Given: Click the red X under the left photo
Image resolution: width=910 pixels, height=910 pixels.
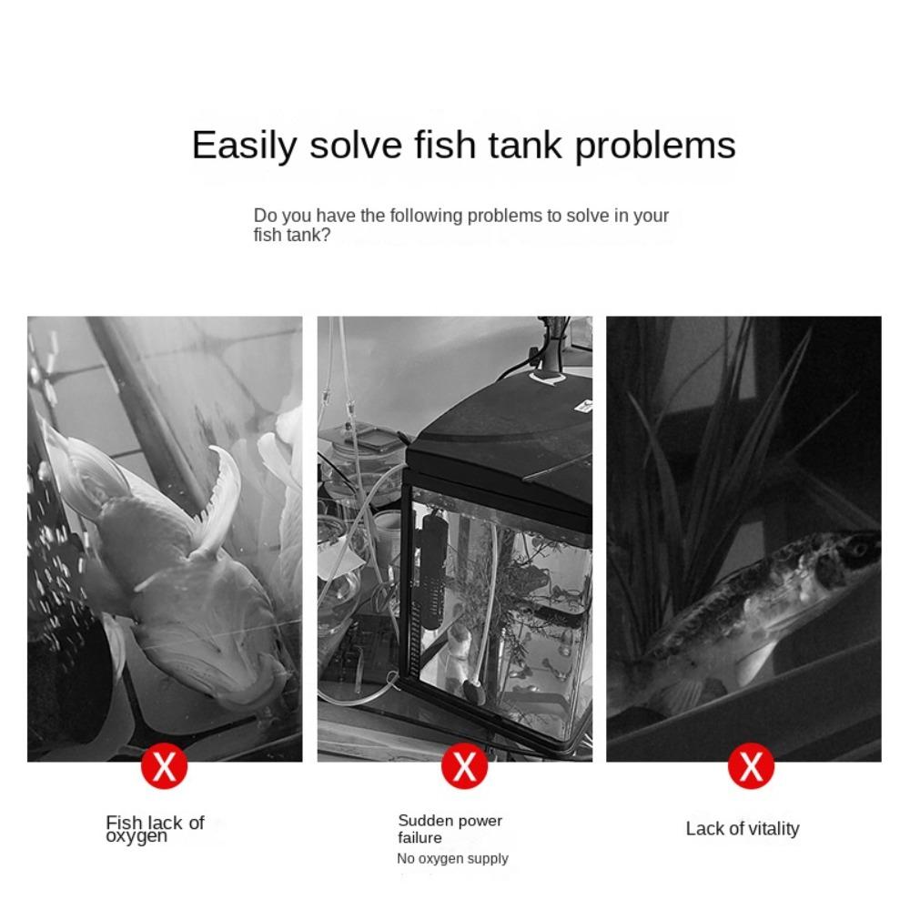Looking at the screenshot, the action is coord(164,766).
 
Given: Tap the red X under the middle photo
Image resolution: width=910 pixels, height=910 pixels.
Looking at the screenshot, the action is coord(464,766).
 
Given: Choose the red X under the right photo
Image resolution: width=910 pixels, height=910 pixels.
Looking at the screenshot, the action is coord(751,766).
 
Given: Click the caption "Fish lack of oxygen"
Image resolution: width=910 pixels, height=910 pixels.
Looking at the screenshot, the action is coord(155,829).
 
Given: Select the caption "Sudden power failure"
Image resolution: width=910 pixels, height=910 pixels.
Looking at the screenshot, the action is coord(450,829).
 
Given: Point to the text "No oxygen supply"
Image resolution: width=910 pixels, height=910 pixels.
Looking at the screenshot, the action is coord(452,858).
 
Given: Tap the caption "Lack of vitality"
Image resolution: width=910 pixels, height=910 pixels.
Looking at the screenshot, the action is coord(743,829).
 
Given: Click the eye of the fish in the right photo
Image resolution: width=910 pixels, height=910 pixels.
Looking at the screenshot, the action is coord(858,548).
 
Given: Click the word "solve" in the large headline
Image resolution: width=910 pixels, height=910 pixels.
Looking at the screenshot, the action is coord(356,145).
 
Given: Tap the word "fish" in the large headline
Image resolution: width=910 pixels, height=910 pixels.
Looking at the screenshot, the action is coord(445,145).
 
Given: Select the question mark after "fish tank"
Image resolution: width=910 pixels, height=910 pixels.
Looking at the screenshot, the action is coord(326,235).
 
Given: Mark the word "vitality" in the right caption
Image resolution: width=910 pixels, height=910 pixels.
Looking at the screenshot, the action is coord(773,829).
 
